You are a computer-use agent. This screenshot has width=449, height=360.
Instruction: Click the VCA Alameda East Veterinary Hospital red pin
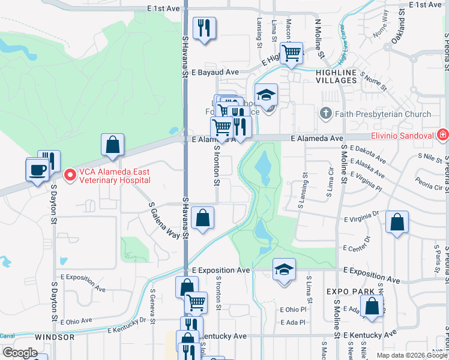(x=69, y=175)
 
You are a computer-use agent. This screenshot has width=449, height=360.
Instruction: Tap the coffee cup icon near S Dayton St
(x=37, y=169)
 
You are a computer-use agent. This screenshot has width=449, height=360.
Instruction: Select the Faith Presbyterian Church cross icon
(x=325, y=113)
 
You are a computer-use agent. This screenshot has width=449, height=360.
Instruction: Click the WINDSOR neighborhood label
(x=54, y=337)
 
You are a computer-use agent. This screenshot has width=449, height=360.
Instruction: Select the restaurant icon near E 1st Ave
(x=204, y=28)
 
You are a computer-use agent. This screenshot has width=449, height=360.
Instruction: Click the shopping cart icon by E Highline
(x=292, y=52)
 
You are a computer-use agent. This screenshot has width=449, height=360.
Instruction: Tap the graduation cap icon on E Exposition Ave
(x=284, y=269)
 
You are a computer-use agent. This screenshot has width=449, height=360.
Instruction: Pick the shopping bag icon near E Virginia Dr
(x=397, y=223)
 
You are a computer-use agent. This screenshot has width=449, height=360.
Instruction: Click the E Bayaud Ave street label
(x=213, y=73)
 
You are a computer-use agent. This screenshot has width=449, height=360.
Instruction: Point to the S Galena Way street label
(x=164, y=220)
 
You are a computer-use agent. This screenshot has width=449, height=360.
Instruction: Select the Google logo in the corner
(x=20, y=353)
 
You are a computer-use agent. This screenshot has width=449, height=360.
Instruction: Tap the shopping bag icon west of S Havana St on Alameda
(x=112, y=145)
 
